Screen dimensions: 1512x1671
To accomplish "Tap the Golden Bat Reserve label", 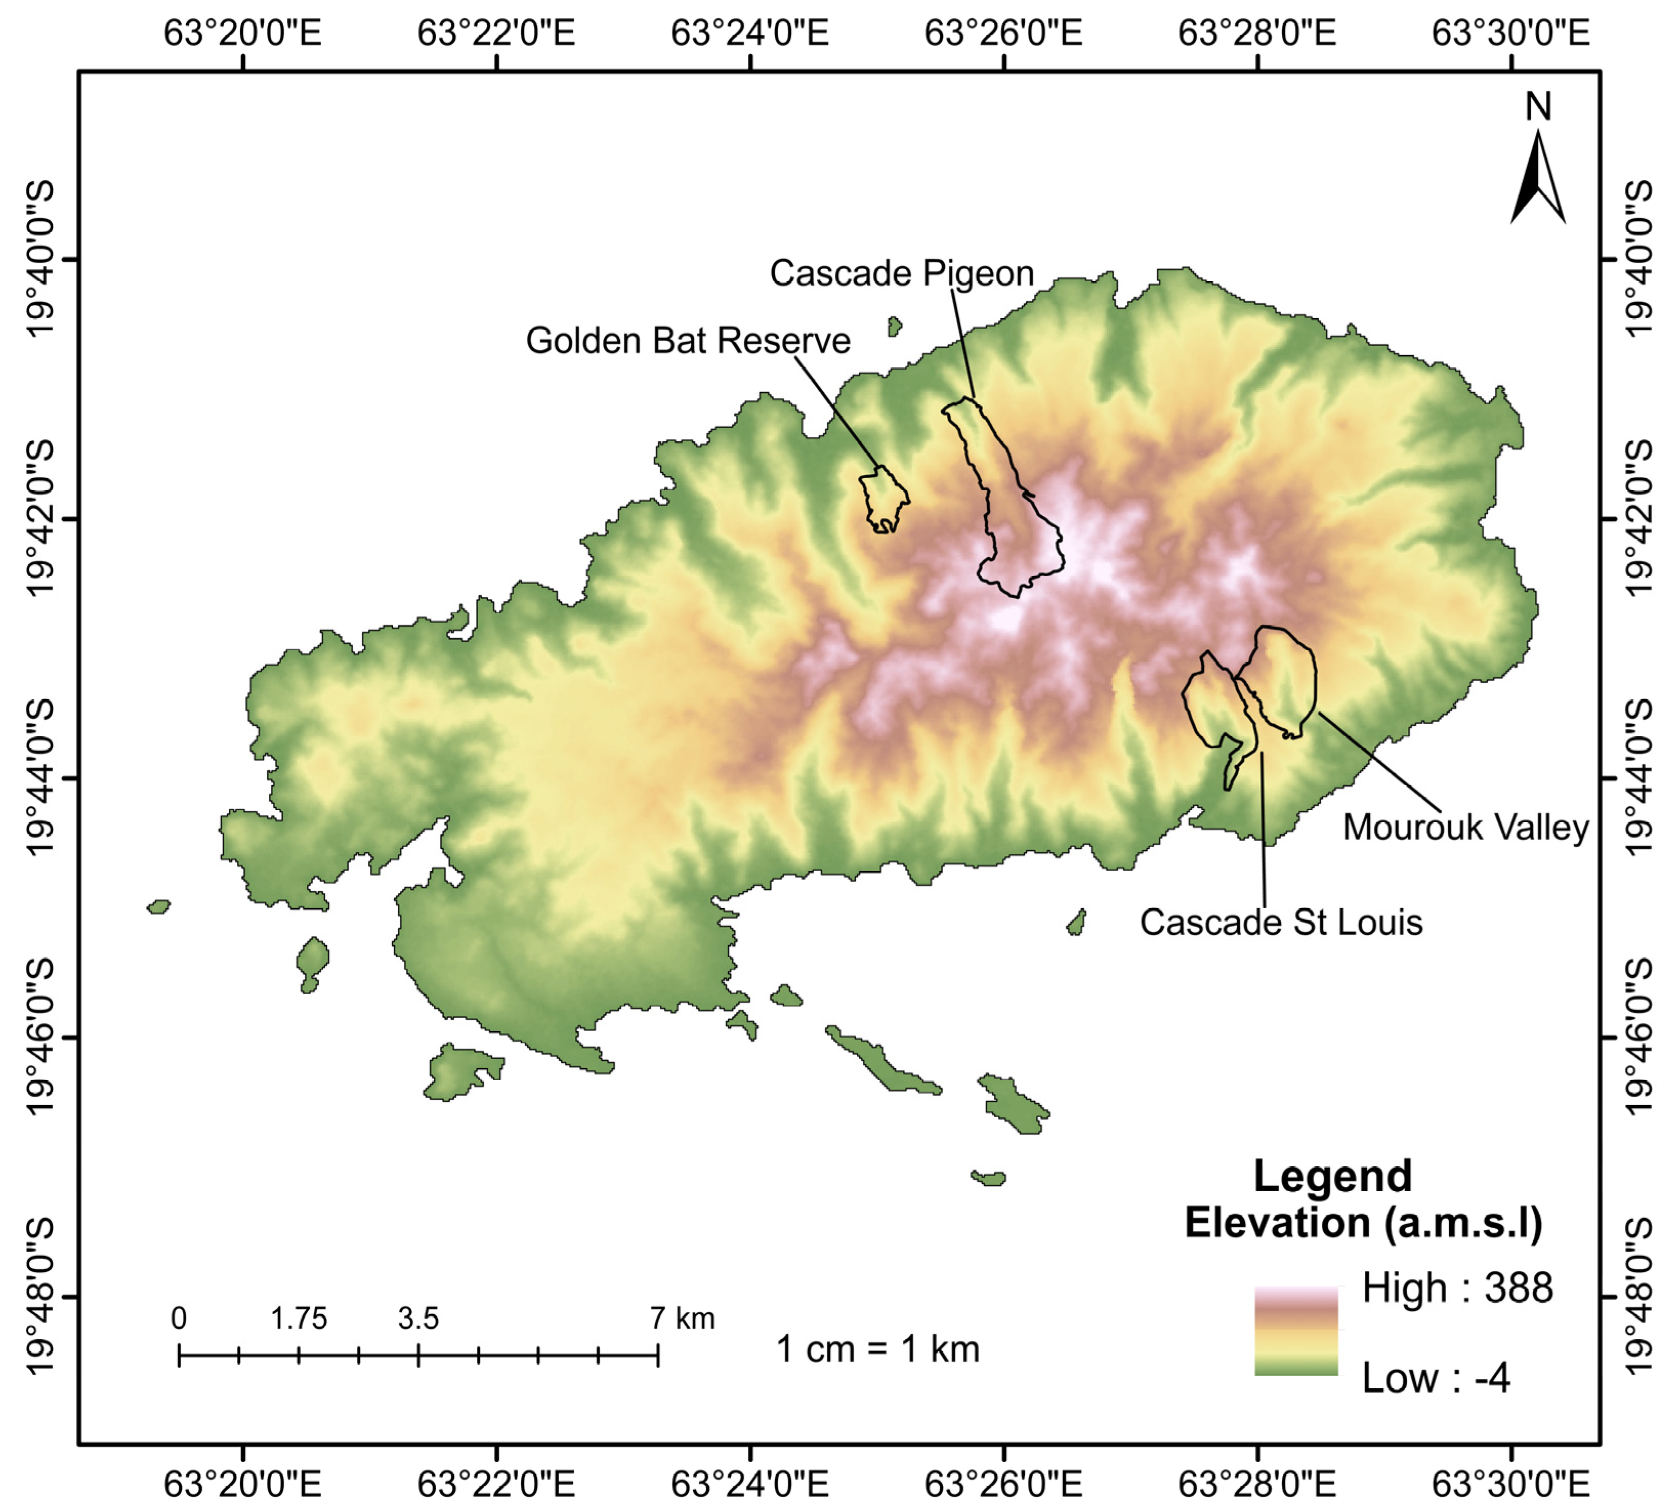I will (688, 341).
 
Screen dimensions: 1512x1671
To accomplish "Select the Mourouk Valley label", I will (1466, 827).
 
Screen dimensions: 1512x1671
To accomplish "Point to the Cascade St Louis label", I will (1281, 922).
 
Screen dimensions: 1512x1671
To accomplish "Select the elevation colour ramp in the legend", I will (1296, 1331).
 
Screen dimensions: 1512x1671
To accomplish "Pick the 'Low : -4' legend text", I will (1435, 1378).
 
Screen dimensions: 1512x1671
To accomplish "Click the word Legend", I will (1332, 1177).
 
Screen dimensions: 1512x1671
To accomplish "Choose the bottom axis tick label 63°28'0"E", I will (1257, 1484).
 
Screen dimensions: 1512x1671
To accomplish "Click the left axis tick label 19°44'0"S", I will (40, 778).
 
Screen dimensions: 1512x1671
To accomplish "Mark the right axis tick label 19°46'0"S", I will (1639, 1036).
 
